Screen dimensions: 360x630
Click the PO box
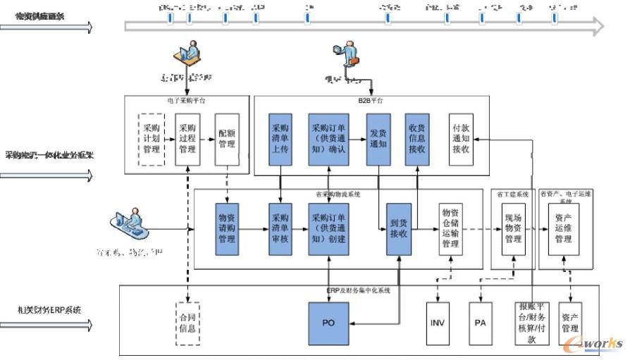click(x=328, y=323)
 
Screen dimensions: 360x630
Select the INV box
click(x=438, y=323)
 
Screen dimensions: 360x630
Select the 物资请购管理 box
click(x=228, y=228)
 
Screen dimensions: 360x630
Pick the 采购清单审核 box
click(x=280, y=228)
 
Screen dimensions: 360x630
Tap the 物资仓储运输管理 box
click(x=450, y=228)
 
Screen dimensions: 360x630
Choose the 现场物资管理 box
click(x=513, y=229)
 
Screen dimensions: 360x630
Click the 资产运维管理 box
click(x=563, y=229)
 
